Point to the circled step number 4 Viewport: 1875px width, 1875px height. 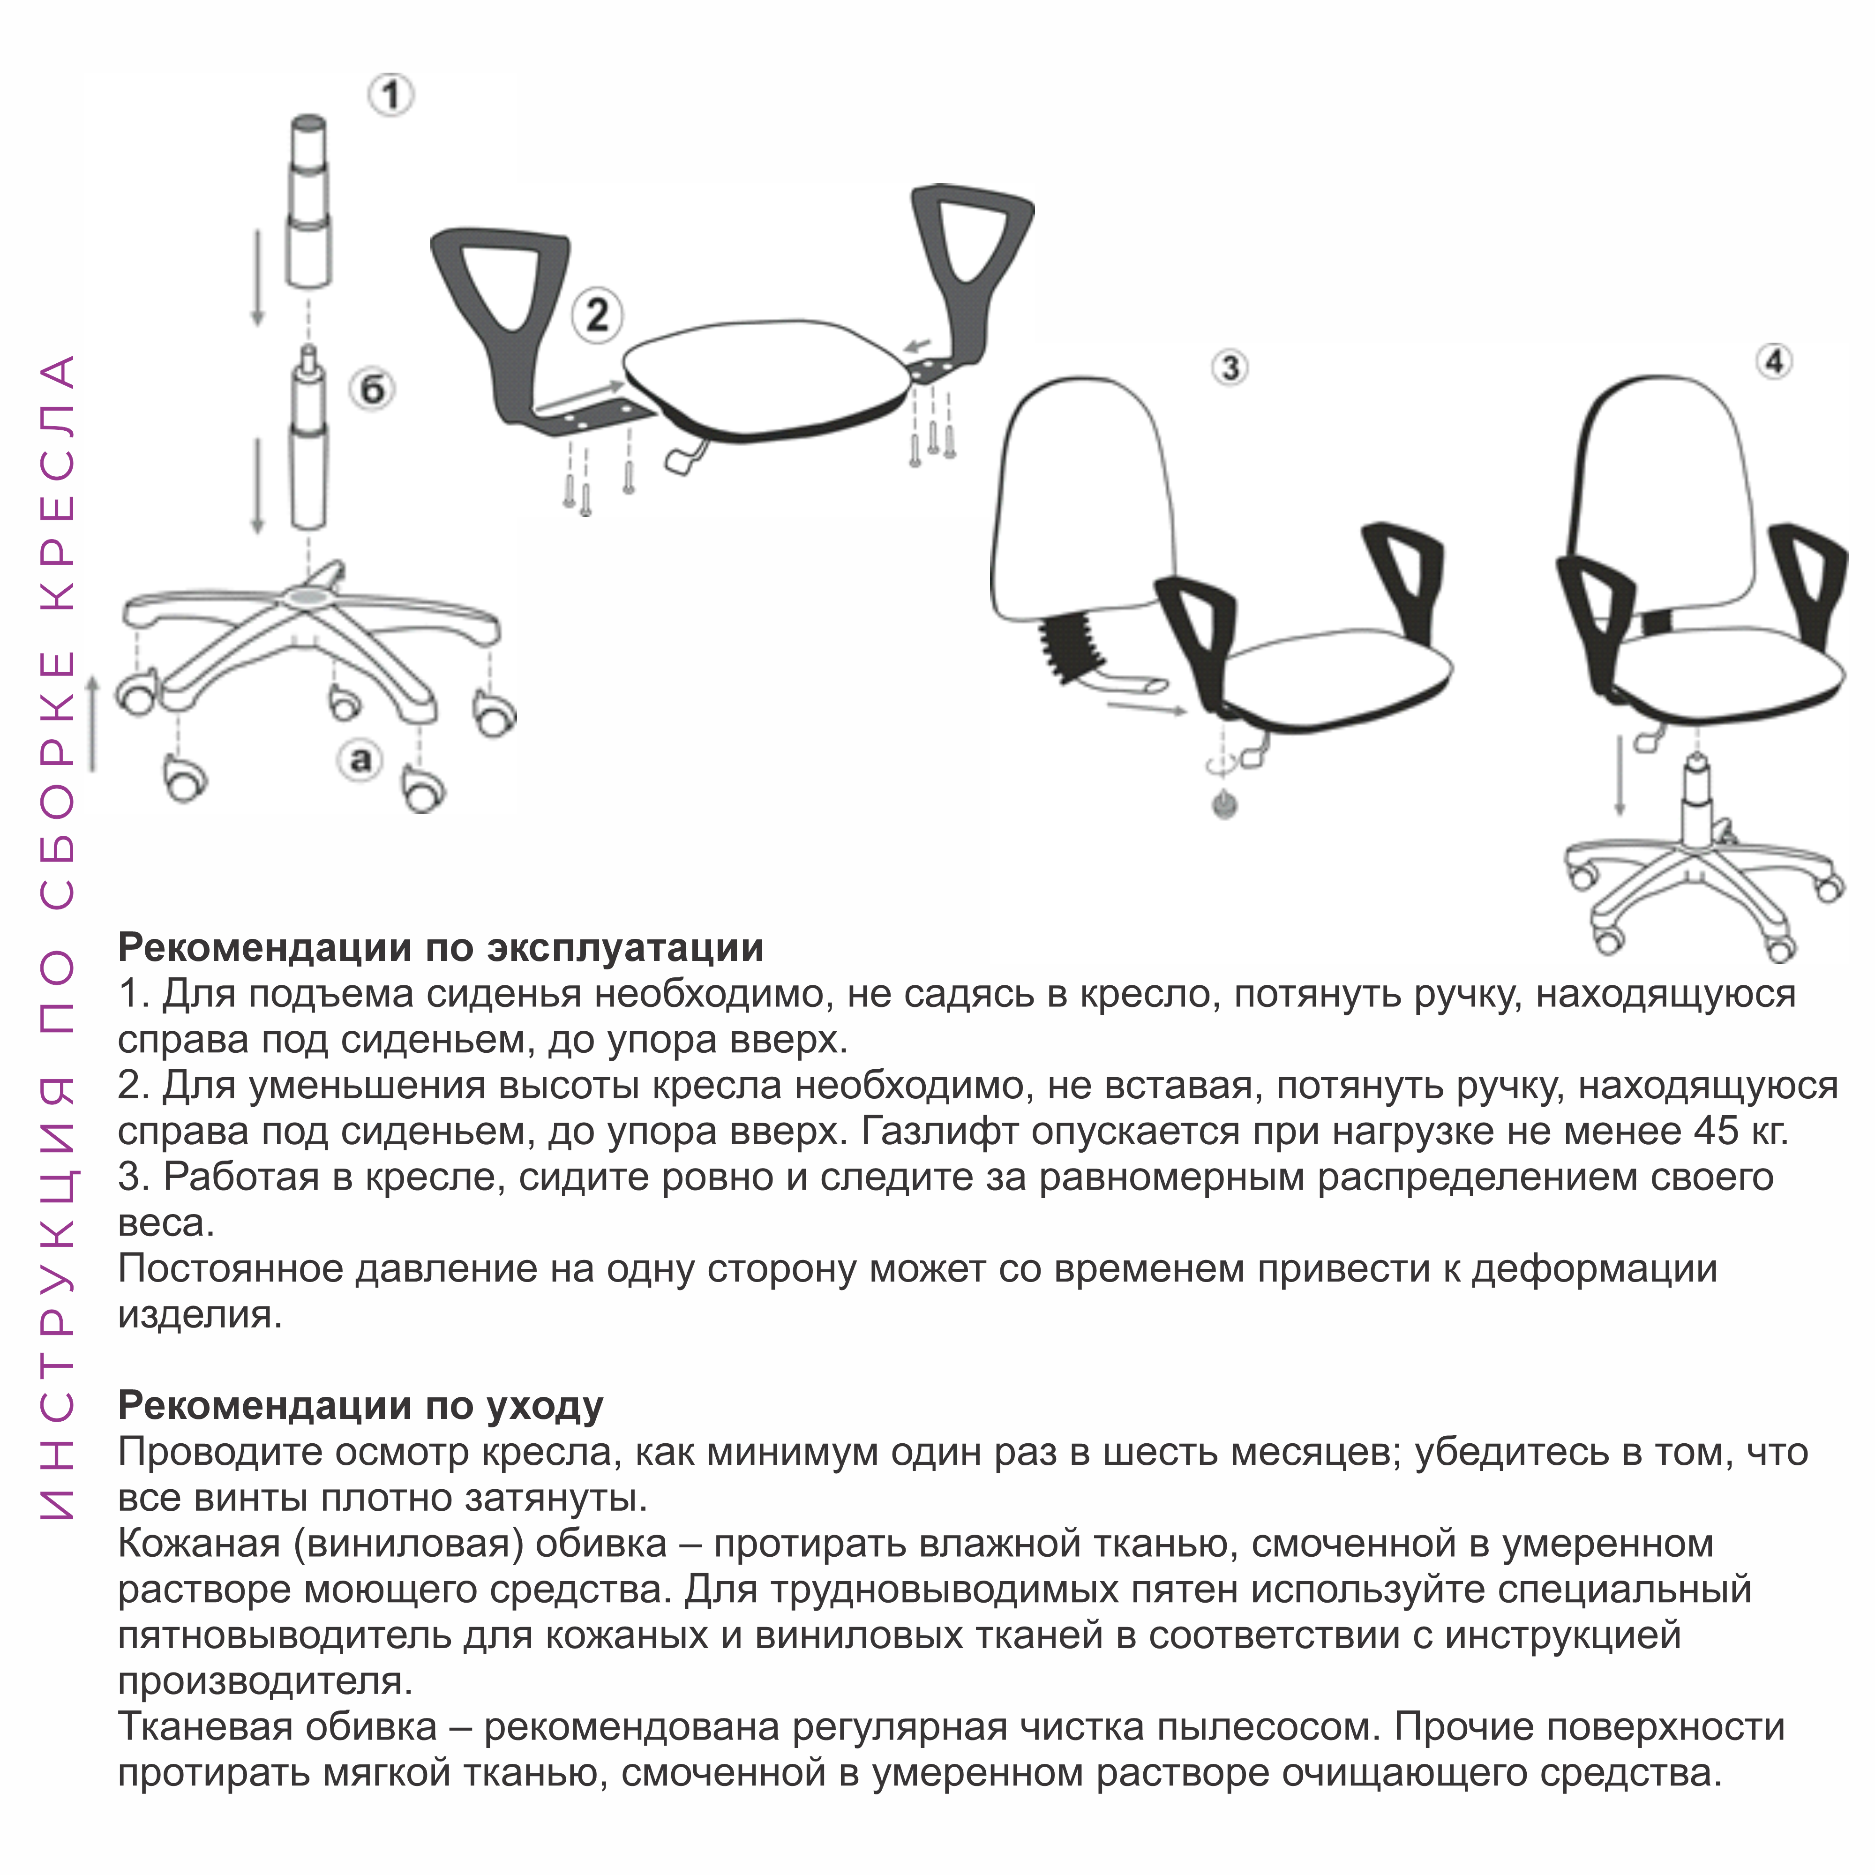pos(1775,362)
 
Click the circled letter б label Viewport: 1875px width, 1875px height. pos(373,390)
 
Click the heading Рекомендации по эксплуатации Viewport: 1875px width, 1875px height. pos(441,946)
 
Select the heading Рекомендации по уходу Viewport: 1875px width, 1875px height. pos(360,1404)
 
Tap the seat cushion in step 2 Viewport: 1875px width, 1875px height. pos(767,378)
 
